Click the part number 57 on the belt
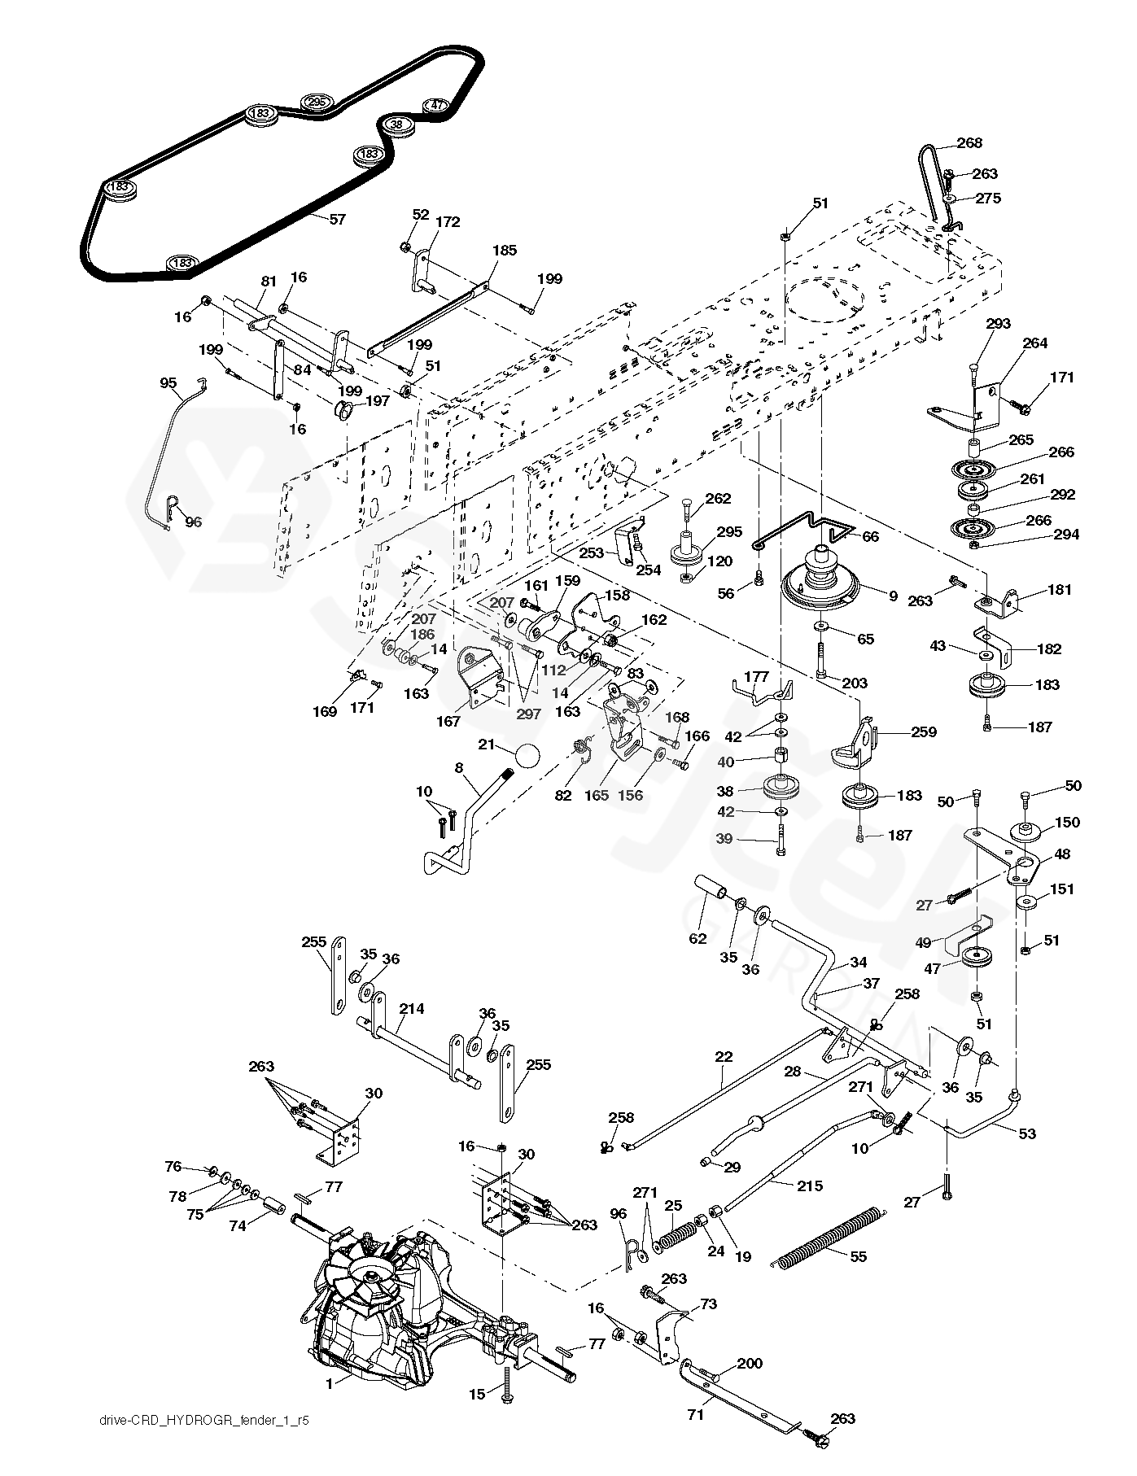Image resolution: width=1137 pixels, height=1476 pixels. coord(337,219)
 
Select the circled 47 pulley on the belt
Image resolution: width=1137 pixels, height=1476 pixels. coord(437,106)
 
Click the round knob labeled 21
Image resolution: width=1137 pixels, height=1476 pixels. coord(527,757)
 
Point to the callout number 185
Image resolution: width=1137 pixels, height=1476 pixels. coord(505,251)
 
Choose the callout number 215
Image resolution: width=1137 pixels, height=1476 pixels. coord(810,1186)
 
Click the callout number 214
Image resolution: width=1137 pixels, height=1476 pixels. coord(412,1008)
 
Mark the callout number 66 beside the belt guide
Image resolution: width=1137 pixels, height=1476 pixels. coord(870,537)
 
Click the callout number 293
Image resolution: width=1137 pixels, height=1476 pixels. coord(998,324)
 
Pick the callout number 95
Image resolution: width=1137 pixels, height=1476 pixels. coord(168,382)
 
